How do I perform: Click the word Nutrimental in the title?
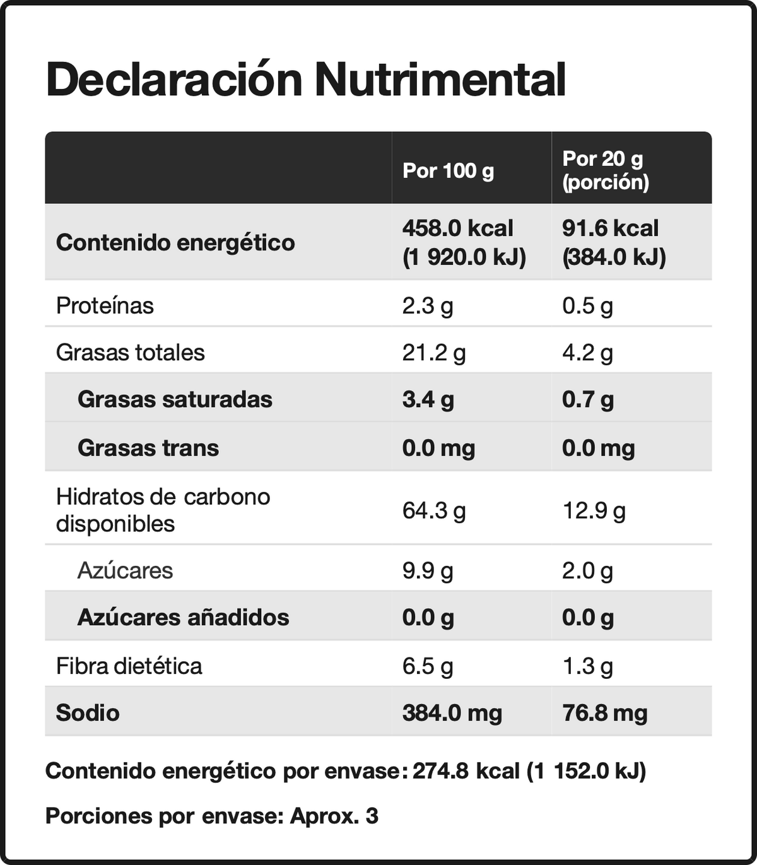click(440, 80)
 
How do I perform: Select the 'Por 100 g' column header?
click(448, 171)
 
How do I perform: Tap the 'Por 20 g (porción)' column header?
click(606, 170)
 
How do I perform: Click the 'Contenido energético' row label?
click(175, 243)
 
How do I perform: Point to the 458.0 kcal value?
click(458, 229)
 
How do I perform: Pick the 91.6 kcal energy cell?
click(611, 229)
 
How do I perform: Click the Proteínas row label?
click(105, 305)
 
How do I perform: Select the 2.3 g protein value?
click(428, 306)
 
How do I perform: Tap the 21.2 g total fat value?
click(434, 353)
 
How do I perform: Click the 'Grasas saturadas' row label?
click(175, 399)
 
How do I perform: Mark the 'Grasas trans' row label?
click(148, 448)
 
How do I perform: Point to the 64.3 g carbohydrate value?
click(434, 511)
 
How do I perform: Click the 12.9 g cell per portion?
click(594, 511)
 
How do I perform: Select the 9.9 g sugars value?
click(428, 571)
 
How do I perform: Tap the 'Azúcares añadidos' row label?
click(184, 618)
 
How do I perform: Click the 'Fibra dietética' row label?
click(129, 666)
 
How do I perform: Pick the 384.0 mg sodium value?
click(452, 714)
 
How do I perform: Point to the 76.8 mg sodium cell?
click(605, 714)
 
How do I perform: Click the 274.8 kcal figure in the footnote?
click(466, 771)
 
